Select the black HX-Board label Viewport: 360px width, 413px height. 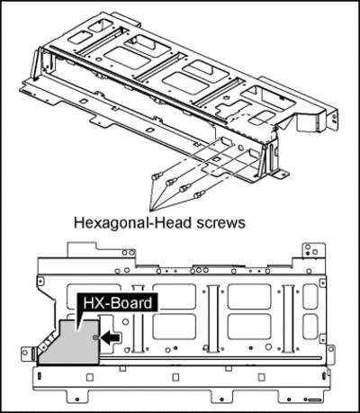[x=117, y=303]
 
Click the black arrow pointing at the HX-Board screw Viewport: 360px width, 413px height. [x=111, y=337]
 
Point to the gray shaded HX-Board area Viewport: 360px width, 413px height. [x=72, y=345]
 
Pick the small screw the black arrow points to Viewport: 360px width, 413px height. [x=94, y=338]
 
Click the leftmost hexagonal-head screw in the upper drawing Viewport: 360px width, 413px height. [x=157, y=175]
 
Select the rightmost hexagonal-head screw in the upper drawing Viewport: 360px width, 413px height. [x=199, y=194]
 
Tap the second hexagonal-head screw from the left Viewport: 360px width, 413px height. [x=171, y=182]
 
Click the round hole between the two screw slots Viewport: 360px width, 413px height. [x=240, y=148]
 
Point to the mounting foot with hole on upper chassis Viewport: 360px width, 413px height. [x=282, y=174]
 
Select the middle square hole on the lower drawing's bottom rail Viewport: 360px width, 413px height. [x=175, y=376]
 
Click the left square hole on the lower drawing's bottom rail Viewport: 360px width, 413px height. [x=90, y=377]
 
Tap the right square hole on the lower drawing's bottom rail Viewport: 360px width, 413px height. [x=262, y=377]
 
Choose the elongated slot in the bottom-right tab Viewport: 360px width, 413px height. [x=313, y=400]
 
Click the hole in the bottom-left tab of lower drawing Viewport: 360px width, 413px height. [x=77, y=400]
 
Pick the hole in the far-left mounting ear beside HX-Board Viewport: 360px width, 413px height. [x=26, y=352]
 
